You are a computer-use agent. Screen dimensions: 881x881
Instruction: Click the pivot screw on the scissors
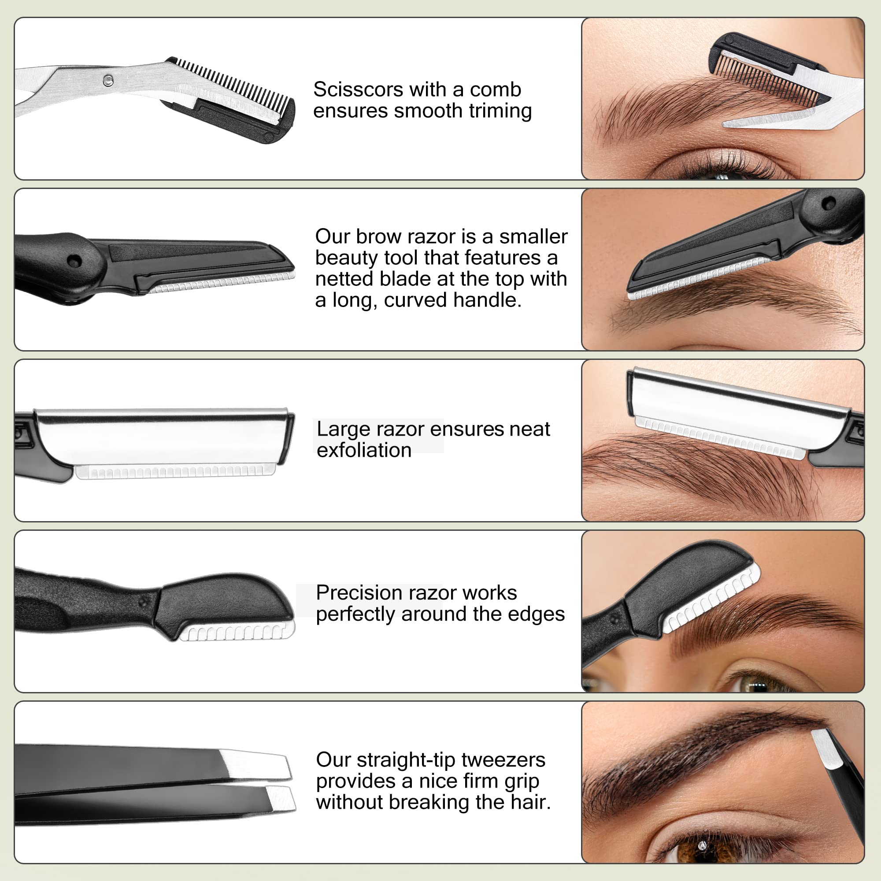click(107, 81)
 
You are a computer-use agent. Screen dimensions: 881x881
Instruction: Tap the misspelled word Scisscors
click(352, 89)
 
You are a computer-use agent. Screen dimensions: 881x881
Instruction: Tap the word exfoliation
click(364, 451)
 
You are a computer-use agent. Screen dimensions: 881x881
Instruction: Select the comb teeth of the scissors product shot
click(233, 85)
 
